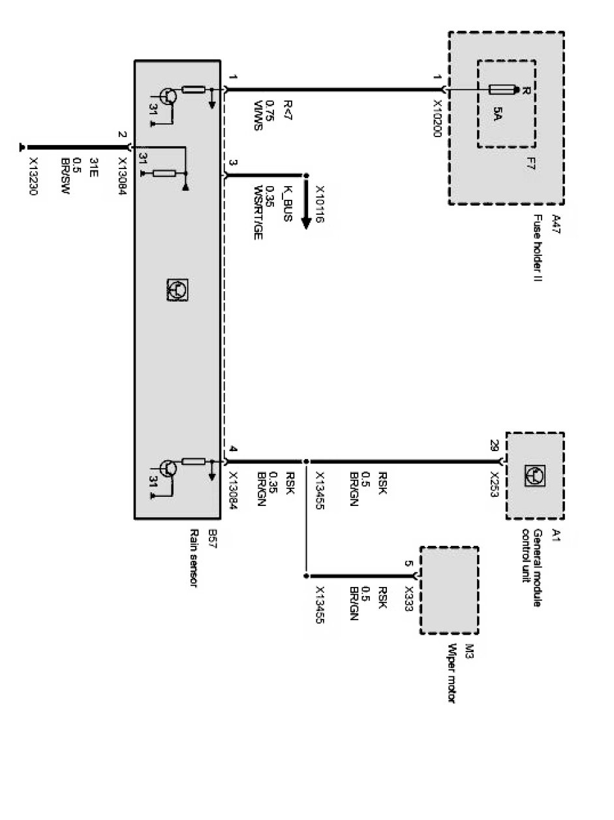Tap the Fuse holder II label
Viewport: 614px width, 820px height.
click(538, 247)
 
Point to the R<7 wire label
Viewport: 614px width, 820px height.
click(287, 108)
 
